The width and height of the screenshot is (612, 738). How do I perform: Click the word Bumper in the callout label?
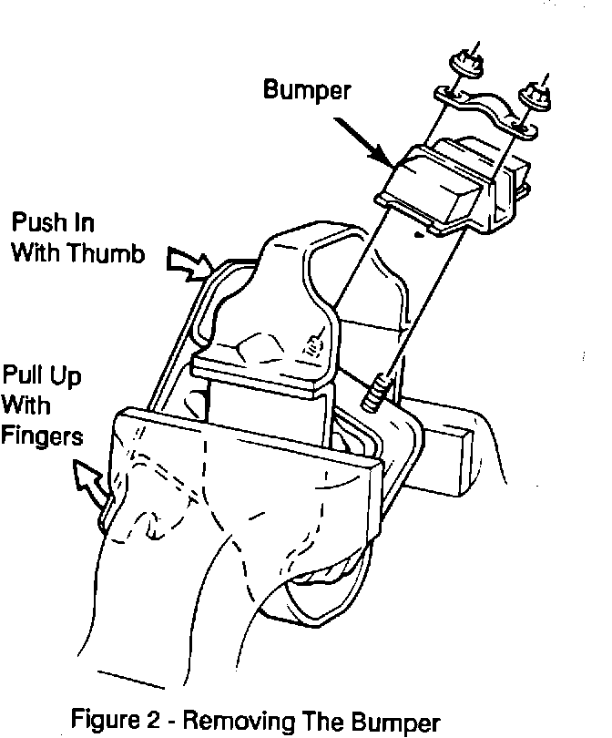[306, 89]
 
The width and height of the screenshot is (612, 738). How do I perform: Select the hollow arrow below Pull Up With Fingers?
[91, 478]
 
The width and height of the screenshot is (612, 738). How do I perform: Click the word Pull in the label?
[22, 374]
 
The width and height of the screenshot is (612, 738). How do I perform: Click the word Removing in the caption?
[240, 722]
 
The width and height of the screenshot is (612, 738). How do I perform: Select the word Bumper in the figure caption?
[392, 722]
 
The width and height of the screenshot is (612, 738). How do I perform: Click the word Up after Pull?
[62, 374]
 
